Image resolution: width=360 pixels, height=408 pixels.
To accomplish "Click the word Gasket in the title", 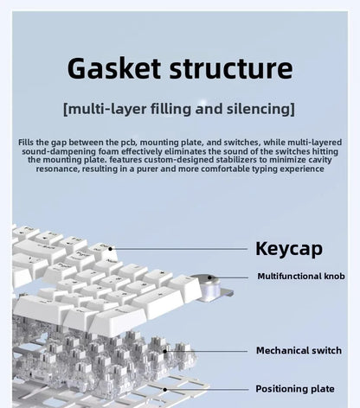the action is [x=113, y=68].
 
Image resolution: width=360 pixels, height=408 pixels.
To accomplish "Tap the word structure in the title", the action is [x=231, y=68].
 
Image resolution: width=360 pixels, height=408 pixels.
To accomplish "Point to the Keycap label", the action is [x=289, y=249].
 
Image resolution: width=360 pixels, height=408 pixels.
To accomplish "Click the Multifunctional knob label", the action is [x=301, y=276].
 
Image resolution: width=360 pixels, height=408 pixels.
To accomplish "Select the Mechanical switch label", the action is [x=299, y=350].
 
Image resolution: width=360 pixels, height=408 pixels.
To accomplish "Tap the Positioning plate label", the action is [x=295, y=389].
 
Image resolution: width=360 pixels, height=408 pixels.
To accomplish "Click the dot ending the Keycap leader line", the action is [x=110, y=249].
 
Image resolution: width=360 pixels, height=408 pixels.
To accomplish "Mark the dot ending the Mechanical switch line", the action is [x=164, y=351].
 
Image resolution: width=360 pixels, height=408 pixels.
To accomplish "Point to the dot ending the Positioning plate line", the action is [x=165, y=390].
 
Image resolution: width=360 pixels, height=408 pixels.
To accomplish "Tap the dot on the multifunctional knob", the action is [x=209, y=277].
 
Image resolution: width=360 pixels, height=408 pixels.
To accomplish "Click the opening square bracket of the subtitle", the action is [x=66, y=109].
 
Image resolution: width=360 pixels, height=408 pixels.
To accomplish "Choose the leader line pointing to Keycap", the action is [x=178, y=249].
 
